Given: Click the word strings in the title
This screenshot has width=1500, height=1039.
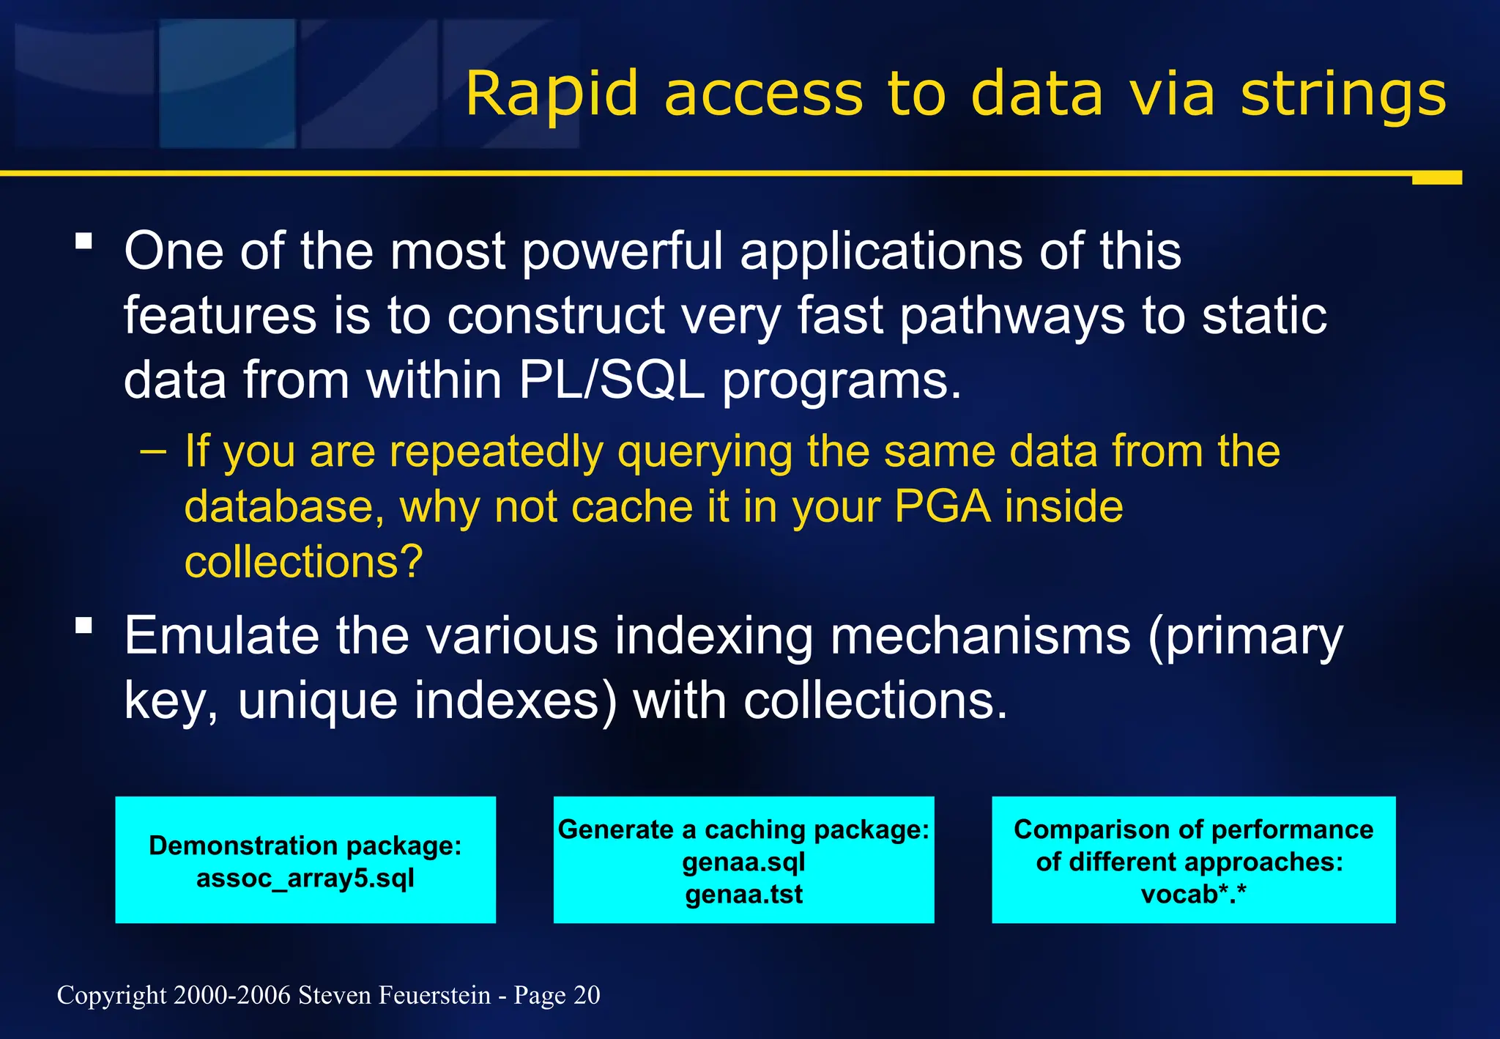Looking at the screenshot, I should point(1343,95).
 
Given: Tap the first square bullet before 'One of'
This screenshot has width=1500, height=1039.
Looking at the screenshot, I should point(83,241).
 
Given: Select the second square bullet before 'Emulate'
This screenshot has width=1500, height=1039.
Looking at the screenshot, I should point(83,625).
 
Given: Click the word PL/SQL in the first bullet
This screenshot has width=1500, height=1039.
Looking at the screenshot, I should point(612,380).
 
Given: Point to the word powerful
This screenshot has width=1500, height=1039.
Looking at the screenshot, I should point(623,251).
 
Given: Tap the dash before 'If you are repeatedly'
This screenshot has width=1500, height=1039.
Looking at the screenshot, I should point(152,451).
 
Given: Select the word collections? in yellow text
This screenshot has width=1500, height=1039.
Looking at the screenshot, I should point(303,562).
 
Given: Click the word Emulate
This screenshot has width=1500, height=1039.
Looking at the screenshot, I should point(221,635).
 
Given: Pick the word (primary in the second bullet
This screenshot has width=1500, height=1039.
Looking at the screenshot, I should point(1245,635).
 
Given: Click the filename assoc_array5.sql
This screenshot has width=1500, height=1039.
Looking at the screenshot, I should point(305,877).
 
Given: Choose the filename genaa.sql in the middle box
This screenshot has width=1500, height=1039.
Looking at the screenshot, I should point(743,862).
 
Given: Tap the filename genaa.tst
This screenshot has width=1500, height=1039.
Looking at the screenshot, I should point(743,894).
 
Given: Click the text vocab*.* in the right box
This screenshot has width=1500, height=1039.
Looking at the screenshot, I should point(1193,894).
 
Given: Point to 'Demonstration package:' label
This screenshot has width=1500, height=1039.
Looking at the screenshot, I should point(305,846).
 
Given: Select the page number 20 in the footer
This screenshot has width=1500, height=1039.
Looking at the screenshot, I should point(587,995).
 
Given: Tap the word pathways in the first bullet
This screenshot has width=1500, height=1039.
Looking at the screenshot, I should point(1012,316).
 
